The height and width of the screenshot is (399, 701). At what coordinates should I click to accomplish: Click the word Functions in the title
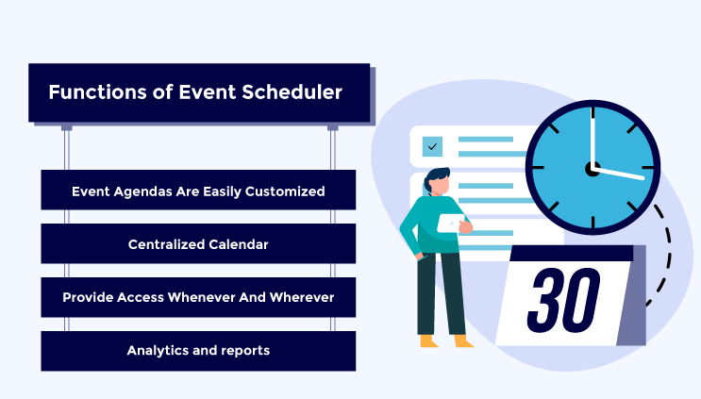(x=91, y=92)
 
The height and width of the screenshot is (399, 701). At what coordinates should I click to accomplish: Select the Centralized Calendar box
(x=198, y=244)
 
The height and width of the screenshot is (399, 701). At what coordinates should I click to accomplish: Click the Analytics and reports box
(x=198, y=351)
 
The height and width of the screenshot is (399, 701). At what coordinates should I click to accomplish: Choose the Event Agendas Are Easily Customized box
(x=198, y=191)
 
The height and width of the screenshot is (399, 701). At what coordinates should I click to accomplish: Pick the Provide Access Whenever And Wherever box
(x=198, y=297)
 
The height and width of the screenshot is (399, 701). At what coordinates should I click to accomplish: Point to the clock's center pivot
(x=593, y=169)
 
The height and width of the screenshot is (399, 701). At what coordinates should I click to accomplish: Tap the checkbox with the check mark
(x=432, y=146)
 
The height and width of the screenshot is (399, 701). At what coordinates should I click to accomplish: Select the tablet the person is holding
(x=450, y=224)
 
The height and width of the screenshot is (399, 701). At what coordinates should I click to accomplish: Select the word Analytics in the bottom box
(x=156, y=351)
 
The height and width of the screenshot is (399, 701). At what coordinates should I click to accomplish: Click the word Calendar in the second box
(x=238, y=244)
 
